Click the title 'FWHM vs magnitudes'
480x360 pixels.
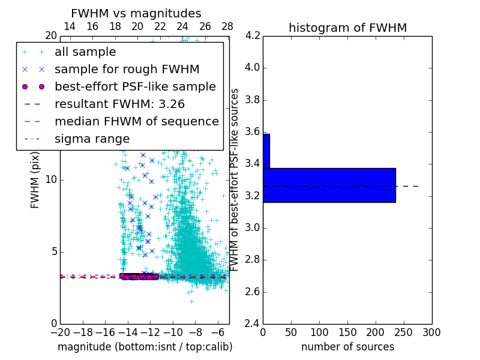pos(136,13)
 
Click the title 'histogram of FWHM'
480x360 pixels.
pos(347,28)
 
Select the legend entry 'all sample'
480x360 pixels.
pos(85,52)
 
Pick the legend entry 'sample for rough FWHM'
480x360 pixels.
pos(127,70)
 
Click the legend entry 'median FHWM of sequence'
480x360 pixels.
pos(136,122)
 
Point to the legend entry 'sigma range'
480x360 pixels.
pos(92,139)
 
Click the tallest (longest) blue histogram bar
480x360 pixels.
pos(329,185)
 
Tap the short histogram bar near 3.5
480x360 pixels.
pos(266,151)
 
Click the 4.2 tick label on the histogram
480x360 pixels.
pos(252,35)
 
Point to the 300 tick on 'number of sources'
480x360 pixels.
pos(431,332)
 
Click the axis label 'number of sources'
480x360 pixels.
pos(347,347)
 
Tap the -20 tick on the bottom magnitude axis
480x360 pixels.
pos(60,332)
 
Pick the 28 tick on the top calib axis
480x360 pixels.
pos(227,26)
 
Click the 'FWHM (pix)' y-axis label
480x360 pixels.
pos(35,179)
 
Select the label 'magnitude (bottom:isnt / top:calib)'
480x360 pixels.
pos(145,347)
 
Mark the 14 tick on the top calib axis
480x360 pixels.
pos(70,26)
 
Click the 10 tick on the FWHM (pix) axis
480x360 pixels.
pos(51,179)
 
